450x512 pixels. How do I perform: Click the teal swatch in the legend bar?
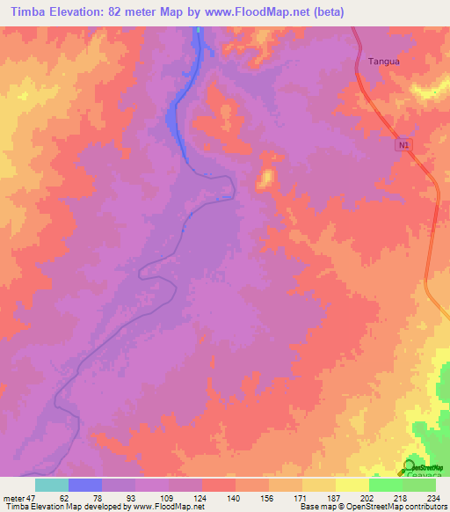(x=52, y=485)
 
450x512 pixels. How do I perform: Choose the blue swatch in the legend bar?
(x=85, y=485)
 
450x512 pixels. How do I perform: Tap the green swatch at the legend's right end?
(x=419, y=485)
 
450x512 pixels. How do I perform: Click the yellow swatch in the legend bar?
(x=352, y=485)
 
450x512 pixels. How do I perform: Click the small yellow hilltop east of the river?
(x=264, y=179)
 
